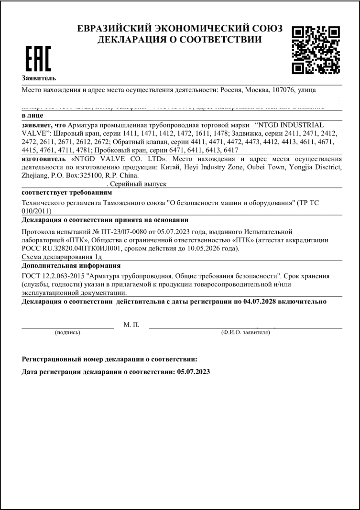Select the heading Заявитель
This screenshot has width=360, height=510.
click(x=39, y=77)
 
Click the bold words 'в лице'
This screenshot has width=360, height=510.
click(x=33, y=115)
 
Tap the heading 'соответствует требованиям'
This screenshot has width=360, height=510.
click(x=67, y=192)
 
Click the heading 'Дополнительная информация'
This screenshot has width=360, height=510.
click(x=71, y=265)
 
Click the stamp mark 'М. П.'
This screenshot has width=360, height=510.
click(x=131, y=325)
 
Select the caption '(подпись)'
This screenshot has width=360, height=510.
click(x=67, y=332)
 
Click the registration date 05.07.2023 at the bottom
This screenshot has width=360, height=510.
click(x=193, y=371)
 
